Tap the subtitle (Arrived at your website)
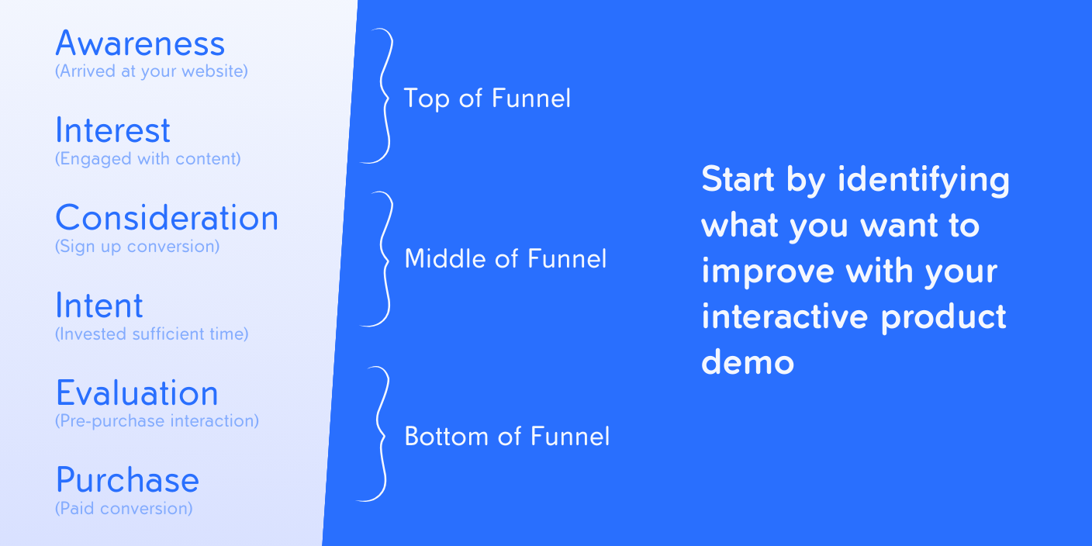pos(151,71)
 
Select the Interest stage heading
pos(112,130)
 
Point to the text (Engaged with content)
pos(147,159)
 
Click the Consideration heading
pos(167,218)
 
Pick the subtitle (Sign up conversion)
pos(137,247)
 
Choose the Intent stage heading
pos(99,306)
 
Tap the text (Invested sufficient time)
pos(151,334)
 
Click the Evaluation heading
pos(137,393)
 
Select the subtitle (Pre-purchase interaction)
pos(157,421)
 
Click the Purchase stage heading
pos(127,480)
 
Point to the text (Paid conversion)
pos(124,509)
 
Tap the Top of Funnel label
pos(487,98)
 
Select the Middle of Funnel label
pos(506,259)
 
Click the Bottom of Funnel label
pos(507,437)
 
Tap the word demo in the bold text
pos(748,362)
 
